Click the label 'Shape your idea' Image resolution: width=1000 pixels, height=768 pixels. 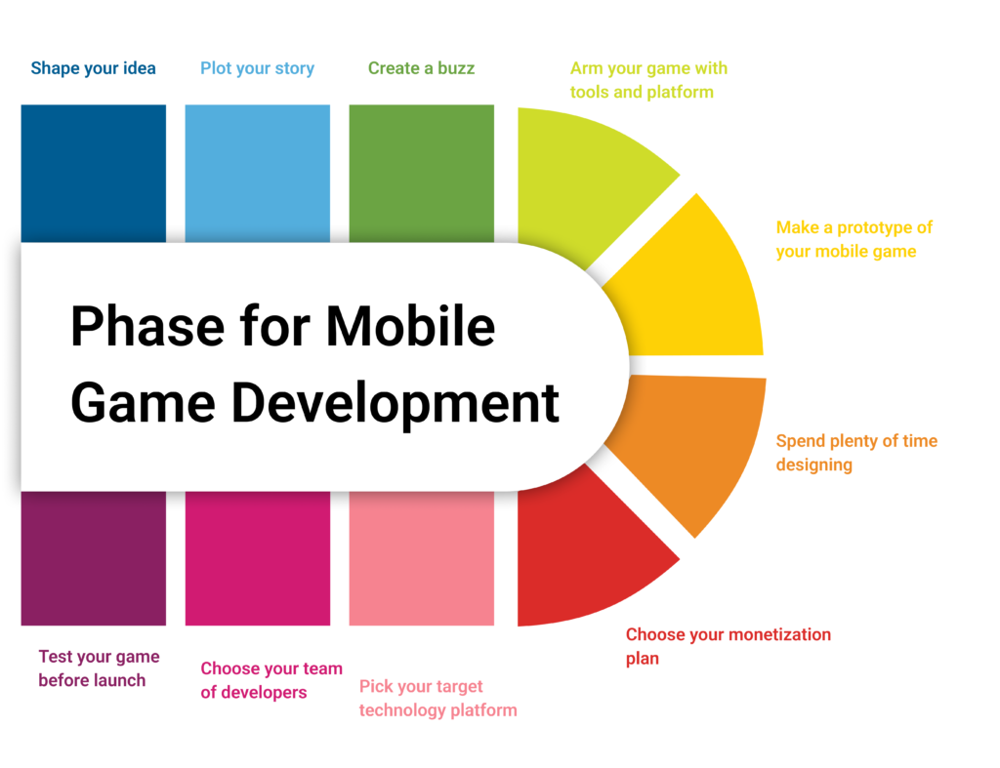point(93,68)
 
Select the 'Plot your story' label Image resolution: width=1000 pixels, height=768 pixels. point(257,68)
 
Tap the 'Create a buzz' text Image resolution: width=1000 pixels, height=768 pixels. point(421,68)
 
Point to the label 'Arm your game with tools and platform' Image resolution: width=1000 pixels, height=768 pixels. point(648,80)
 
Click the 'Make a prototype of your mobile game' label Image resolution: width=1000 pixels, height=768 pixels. point(854,239)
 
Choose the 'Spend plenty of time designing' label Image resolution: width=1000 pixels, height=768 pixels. point(855,453)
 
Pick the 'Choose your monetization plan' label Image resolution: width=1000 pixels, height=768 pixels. point(728,646)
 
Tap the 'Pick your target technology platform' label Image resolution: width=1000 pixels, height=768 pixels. point(437,698)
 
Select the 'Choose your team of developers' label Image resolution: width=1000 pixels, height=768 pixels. point(271,680)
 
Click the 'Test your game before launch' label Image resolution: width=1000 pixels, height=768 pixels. point(99,668)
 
